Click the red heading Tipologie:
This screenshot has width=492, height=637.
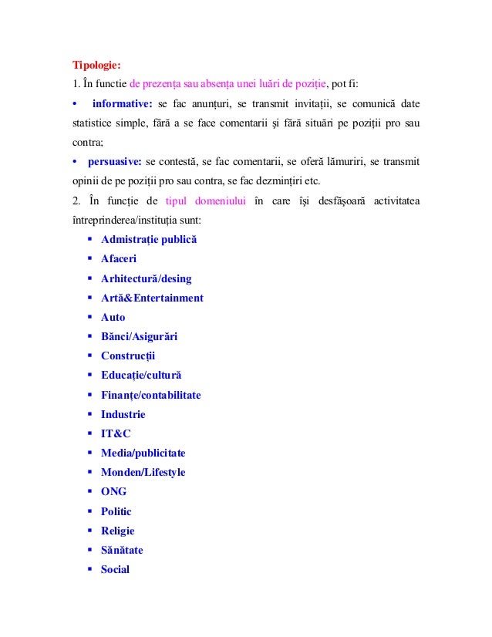(96, 63)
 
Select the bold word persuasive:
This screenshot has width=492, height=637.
(113, 161)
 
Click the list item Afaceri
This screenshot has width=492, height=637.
(119, 259)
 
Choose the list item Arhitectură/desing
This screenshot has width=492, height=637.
(146, 278)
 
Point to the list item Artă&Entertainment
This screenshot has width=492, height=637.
(152, 298)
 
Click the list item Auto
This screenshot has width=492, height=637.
(113, 317)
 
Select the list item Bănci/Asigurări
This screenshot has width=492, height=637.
(139, 336)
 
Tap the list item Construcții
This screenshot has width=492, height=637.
(128, 356)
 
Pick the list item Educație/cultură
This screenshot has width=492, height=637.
(141, 376)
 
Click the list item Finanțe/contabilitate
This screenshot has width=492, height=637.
(150, 395)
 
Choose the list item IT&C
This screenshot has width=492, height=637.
(116, 433)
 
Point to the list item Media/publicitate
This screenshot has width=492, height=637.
(143, 453)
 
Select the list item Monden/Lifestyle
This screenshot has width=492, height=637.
(143, 472)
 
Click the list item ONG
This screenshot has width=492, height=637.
(113, 491)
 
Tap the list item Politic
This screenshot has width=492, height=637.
(116, 511)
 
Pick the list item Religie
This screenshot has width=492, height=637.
(117, 531)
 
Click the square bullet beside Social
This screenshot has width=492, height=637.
(90, 569)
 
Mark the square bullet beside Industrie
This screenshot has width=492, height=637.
(90, 414)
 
